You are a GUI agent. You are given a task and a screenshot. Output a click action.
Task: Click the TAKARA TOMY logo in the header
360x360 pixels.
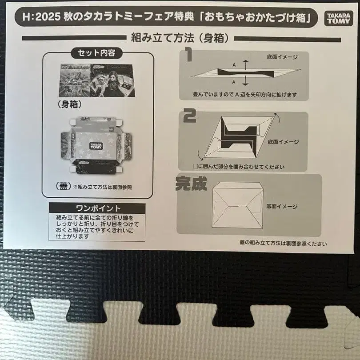338,18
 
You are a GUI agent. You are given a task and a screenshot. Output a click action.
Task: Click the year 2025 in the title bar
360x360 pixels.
48,17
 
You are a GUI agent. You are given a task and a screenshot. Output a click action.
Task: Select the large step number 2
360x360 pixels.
190,116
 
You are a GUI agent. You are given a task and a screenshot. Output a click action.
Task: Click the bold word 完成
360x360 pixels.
191,184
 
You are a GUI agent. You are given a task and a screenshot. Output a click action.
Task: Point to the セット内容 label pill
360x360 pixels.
96,53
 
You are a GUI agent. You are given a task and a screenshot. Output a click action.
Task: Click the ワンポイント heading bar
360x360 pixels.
97,208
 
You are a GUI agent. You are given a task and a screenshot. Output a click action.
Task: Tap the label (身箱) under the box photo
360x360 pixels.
70,104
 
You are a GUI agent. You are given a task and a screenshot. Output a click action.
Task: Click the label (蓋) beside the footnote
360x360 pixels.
64,186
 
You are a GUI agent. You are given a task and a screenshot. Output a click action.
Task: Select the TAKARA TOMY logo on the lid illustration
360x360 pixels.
96,146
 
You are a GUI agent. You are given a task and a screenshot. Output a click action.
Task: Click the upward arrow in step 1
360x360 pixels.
246,65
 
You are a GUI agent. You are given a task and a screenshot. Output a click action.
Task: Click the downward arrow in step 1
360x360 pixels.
246,81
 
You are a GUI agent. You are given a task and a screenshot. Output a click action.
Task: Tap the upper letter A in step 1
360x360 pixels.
234,65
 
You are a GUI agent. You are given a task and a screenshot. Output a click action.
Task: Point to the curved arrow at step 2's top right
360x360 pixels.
277,117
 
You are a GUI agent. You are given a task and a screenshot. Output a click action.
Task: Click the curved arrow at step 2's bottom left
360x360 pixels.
200,156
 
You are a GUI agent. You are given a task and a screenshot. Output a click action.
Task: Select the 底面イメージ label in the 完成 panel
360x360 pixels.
282,206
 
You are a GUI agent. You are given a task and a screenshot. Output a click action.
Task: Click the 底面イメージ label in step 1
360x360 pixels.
282,57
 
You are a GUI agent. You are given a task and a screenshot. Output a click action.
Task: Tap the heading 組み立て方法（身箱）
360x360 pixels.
180,38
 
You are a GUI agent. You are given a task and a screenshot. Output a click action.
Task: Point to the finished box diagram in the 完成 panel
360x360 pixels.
237,205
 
